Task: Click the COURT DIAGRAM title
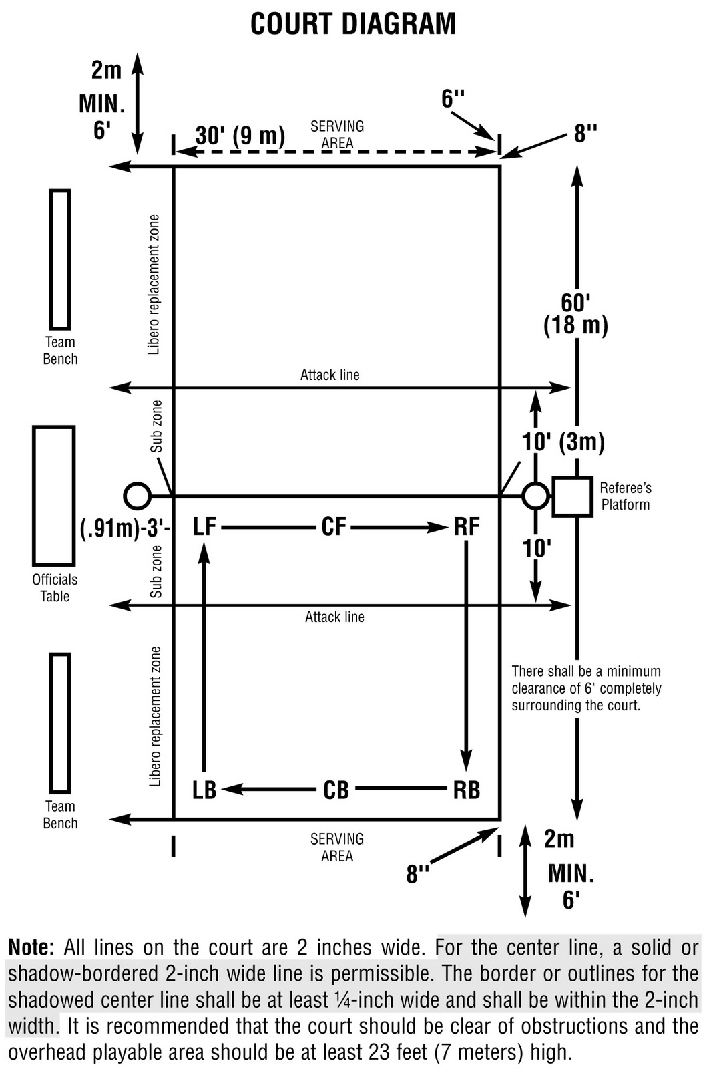[x=353, y=24]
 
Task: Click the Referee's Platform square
[x=572, y=496]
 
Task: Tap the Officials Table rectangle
[x=53, y=495]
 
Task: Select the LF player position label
[x=204, y=527]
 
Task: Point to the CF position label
[x=334, y=527]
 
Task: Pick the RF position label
[x=467, y=527]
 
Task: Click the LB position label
[x=204, y=790]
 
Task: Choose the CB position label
[x=336, y=790]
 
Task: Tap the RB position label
[x=466, y=790]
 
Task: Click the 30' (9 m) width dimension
[x=240, y=136]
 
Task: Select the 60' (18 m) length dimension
[x=575, y=314]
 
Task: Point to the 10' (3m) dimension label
[x=563, y=442]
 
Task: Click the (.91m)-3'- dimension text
[x=126, y=528]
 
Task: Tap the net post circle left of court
[x=138, y=496]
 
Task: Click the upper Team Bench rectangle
[x=60, y=259]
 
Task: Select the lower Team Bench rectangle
[x=60, y=723]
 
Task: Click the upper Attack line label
[x=330, y=375]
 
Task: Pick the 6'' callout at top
[x=453, y=100]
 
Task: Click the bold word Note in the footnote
[x=31, y=947]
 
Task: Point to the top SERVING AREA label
[x=337, y=134]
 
